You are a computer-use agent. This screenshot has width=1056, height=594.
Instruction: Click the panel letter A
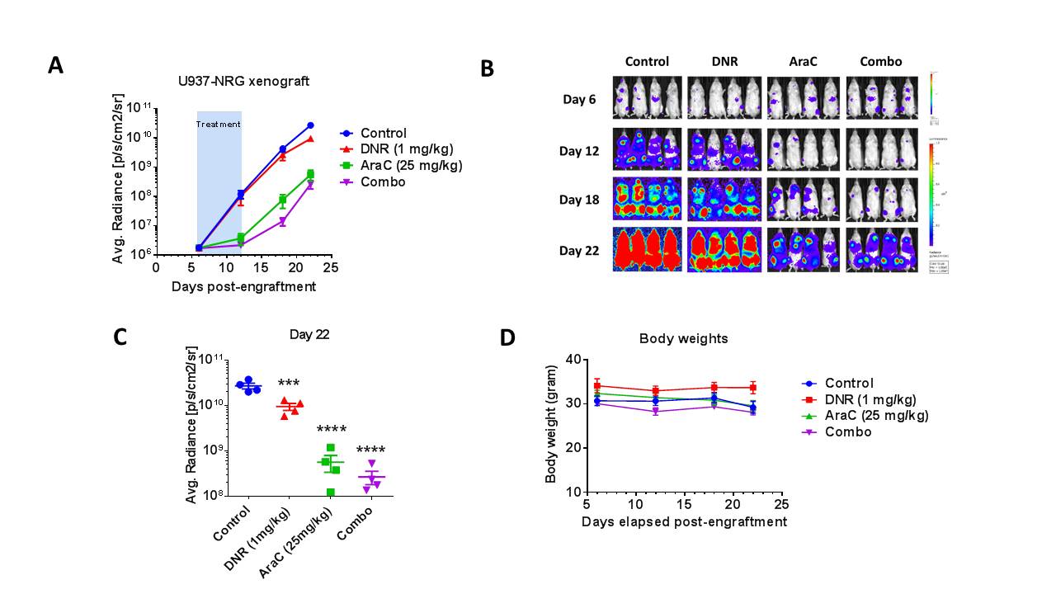55,66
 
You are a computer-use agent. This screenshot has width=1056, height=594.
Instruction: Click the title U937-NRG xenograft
244,81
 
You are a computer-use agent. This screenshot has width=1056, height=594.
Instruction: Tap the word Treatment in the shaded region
219,125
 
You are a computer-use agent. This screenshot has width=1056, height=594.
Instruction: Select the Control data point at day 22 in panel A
310,125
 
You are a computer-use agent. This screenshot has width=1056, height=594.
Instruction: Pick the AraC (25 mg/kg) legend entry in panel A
401,166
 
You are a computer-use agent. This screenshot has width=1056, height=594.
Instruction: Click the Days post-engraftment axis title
243,287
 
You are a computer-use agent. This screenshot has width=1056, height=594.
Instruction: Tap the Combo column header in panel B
880,62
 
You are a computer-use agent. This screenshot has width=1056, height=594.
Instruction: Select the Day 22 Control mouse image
647,249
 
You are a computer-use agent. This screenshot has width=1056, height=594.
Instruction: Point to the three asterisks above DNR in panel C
289,384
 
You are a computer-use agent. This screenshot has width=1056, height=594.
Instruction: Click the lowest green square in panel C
331,493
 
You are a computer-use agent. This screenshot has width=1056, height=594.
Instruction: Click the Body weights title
684,338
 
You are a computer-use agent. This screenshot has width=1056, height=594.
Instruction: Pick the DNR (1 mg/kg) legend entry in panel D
867,399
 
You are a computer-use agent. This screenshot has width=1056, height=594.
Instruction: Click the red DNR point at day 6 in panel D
596,385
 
